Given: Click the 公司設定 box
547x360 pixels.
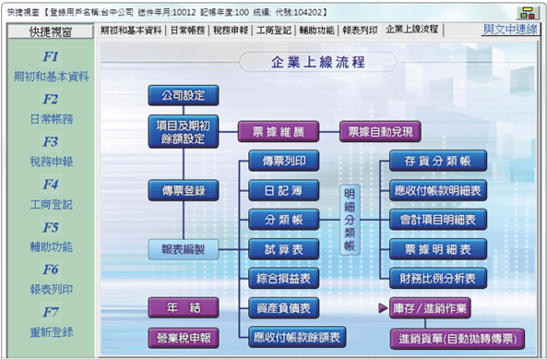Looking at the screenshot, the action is click(x=184, y=95).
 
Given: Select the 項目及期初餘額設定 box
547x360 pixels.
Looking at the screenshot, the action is click(x=184, y=132).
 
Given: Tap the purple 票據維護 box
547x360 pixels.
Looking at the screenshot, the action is click(x=279, y=132).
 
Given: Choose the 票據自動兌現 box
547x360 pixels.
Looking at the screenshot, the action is click(x=380, y=132).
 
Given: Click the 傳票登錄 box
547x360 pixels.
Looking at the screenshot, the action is click(x=184, y=190).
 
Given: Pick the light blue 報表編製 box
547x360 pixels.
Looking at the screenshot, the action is click(x=184, y=249).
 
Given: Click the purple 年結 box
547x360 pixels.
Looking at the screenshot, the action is click(x=184, y=307).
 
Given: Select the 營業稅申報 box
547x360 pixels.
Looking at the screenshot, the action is click(x=184, y=338).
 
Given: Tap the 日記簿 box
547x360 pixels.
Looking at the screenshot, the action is click(x=283, y=190).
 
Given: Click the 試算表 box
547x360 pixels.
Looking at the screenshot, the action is click(x=283, y=249).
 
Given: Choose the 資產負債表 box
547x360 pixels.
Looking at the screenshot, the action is click(x=283, y=308).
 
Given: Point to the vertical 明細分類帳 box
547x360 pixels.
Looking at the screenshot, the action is click(x=350, y=220).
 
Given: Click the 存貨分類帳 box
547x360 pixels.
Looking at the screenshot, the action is click(x=438, y=161).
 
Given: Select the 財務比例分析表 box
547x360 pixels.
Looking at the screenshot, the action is click(x=438, y=278).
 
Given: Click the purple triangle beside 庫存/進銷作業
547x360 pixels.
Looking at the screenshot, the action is click(x=383, y=307).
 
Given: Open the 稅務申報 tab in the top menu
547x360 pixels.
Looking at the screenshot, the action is click(x=231, y=30).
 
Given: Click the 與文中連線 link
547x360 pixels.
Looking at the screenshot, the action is click(x=510, y=30).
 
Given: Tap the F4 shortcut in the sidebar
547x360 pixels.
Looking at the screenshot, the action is click(x=51, y=184).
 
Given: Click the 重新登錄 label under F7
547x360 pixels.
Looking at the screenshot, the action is click(x=52, y=331).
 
